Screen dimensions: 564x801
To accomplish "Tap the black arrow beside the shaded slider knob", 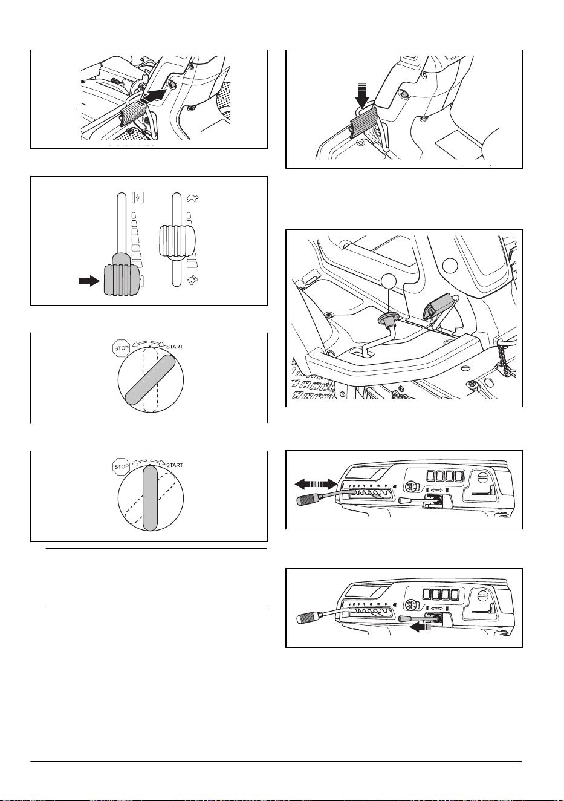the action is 89,281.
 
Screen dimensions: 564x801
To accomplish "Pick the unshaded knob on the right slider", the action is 177,241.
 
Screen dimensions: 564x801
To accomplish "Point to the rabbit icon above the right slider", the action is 193,198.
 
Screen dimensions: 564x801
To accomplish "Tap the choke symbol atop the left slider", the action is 138,198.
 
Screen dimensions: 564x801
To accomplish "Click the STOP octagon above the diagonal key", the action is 121,348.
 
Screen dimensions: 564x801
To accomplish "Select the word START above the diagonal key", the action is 175,347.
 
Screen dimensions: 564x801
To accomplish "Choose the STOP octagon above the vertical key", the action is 121,466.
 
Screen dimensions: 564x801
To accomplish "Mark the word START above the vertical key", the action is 175,465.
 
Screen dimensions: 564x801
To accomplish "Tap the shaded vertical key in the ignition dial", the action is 150,499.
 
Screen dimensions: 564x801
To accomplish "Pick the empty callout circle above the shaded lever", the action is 450,267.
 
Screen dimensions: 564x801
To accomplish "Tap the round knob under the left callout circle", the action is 388,319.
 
